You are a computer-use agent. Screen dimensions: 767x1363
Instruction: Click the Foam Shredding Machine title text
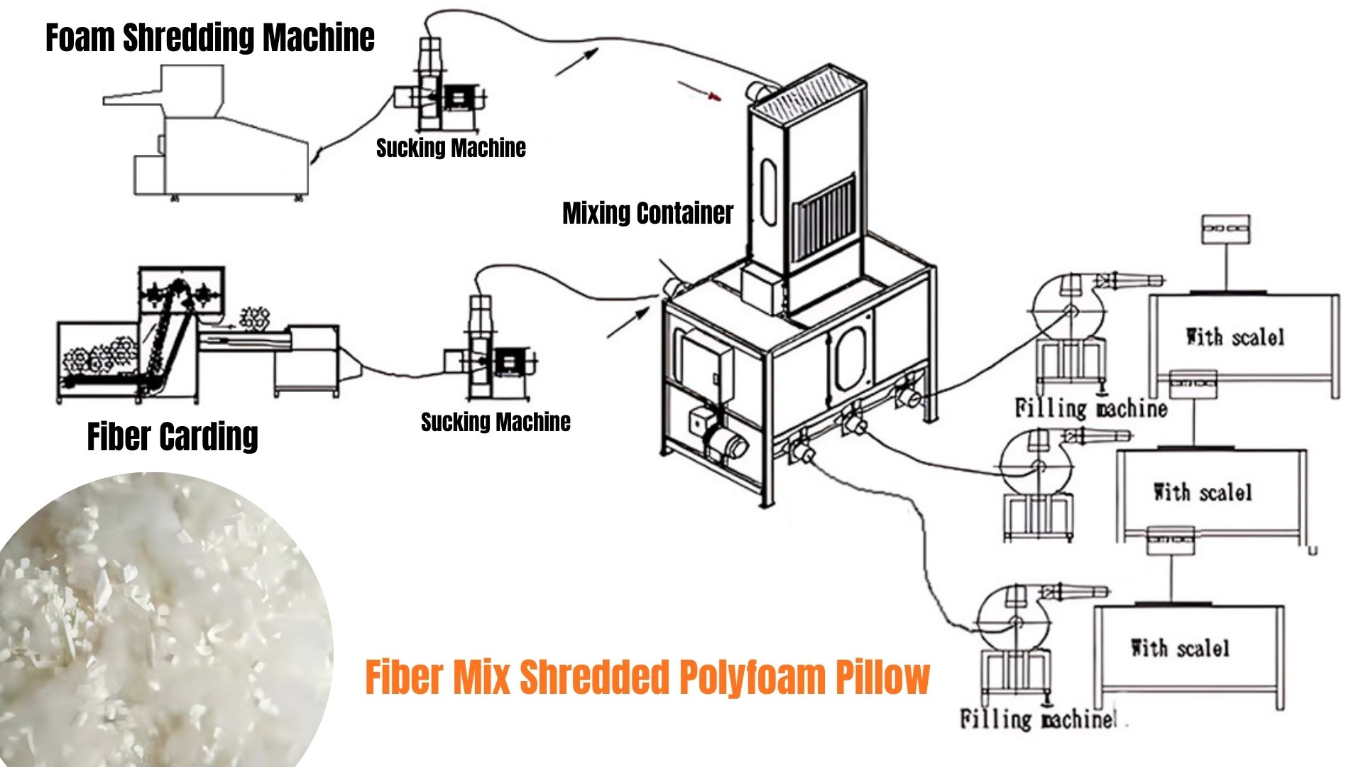[210, 38]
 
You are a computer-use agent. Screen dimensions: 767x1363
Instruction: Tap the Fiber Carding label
[173, 436]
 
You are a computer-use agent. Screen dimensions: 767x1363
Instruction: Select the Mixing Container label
[647, 213]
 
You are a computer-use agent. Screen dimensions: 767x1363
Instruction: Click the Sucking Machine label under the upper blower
[451, 148]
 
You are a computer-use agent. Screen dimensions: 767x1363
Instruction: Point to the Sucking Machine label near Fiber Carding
[496, 422]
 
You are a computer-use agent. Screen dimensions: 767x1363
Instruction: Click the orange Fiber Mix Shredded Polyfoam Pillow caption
[647, 677]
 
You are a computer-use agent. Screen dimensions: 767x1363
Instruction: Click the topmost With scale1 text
[1235, 337]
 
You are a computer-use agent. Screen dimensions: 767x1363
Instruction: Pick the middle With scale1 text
[1203, 492]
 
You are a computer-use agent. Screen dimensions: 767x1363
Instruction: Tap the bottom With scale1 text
[1180, 648]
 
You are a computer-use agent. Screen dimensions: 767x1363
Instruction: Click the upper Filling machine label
[1091, 408]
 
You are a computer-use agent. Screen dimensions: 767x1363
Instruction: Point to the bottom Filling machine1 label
[1038, 719]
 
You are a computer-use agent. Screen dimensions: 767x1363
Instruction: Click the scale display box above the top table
[1226, 229]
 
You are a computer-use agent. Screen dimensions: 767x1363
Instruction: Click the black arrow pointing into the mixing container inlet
[629, 322]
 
